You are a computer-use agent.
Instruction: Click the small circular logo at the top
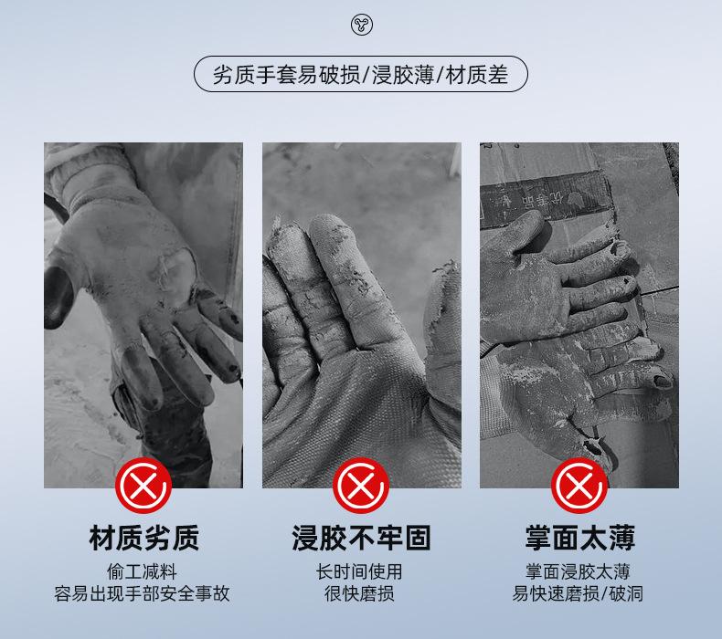click(361, 26)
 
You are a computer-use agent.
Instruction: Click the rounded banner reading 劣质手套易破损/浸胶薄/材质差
click(361, 74)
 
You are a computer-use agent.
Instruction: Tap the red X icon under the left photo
click(143, 486)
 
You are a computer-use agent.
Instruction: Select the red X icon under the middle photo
click(361, 486)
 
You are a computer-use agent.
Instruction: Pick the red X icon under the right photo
click(579, 486)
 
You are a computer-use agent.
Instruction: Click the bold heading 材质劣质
click(143, 539)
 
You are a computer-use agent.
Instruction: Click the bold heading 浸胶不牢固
click(361, 539)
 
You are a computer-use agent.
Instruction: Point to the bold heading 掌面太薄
click(579, 539)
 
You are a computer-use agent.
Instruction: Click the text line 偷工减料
click(143, 572)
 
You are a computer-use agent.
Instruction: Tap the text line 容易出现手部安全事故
click(143, 594)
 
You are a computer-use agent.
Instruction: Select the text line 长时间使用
click(361, 572)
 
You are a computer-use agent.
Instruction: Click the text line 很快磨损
click(361, 594)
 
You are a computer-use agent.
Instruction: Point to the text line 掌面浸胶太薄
click(579, 572)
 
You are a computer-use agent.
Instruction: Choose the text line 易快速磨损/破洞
click(579, 594)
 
